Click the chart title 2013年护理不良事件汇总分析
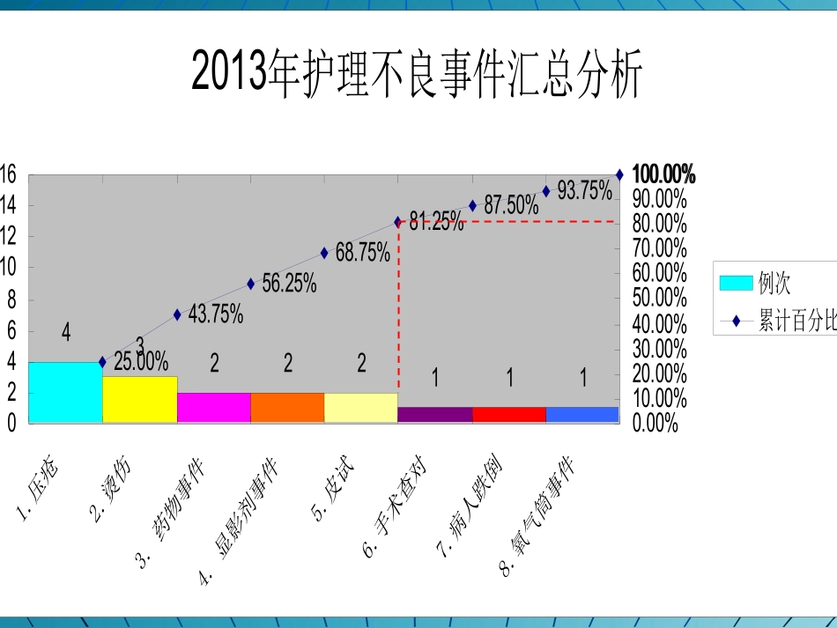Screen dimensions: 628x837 pos(418,75)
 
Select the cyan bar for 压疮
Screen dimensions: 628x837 pos(65,393)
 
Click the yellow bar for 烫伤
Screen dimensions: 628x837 pos(139,400)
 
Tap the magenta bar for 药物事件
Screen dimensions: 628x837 pos(213,408)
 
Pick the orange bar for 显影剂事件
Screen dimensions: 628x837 pos(287,408)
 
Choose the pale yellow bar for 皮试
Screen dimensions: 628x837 pos(361,408)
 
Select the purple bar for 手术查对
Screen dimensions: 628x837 pos(435,415)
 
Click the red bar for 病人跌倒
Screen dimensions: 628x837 pos(509,415)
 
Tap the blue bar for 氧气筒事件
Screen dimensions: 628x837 pos(582,415)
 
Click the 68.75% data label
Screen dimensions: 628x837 pos(362,254)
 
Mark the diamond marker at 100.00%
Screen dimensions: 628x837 pos(619,175)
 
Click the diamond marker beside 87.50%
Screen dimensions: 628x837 pos(472,206)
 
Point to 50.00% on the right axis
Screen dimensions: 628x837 pos(659,298)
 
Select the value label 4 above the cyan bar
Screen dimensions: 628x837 pos(66,332)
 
